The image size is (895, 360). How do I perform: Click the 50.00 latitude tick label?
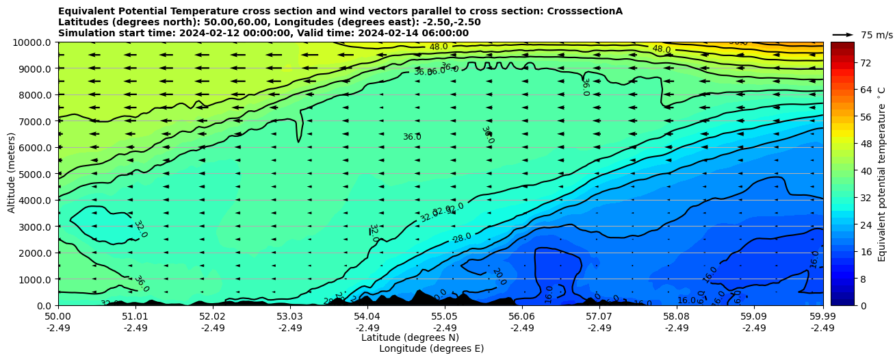coord(58,317)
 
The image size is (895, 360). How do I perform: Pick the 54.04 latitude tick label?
coord(367,317)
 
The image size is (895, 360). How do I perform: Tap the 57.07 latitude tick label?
coord(599,317)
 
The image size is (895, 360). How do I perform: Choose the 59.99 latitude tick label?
coord(822,317)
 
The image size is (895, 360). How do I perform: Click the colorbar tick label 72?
coord(846,63)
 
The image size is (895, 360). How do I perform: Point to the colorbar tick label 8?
coord(844,279)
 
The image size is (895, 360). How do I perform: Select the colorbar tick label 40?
coord(846,171)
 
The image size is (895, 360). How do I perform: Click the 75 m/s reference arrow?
coord(843,35)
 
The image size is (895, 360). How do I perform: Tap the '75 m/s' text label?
coord(877,35)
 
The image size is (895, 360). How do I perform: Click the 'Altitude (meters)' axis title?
coord(12,174)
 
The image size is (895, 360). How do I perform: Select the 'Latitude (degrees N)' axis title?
coord(410,337)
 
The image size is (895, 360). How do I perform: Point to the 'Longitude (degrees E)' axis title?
coord(431,348)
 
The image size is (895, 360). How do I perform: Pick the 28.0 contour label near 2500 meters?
coord(463,237)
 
